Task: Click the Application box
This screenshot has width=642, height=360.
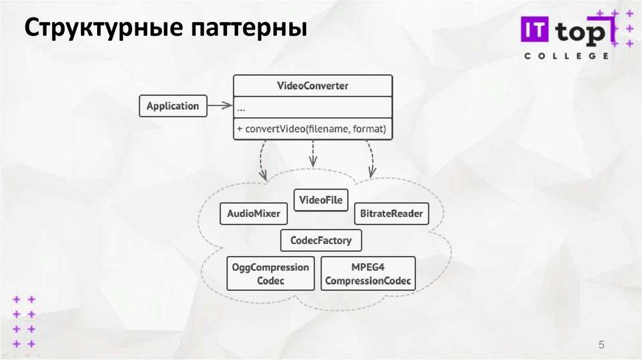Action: pos(172,106)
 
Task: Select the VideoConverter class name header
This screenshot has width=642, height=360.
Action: pos(313,86)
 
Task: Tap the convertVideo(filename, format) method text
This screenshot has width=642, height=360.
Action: pos(313,129)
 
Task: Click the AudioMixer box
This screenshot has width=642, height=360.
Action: pos(253,214)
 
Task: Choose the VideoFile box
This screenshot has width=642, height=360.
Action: pos(321,200)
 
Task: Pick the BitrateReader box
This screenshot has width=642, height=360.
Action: pos(392,214)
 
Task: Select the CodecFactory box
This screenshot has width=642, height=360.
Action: pos(321,240)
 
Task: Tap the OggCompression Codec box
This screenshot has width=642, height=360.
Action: pos(270,273)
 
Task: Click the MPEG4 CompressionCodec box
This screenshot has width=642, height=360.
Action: pos(368,273)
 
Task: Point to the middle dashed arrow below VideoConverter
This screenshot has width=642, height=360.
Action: pos(313,154)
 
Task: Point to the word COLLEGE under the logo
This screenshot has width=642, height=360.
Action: pos(566,56)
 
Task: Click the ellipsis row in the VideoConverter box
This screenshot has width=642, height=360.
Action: pos(313,107)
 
